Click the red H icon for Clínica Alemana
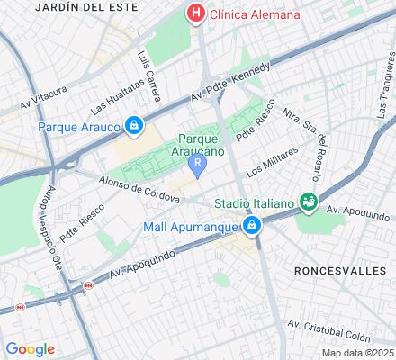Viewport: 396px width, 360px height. click(x=193, y=13)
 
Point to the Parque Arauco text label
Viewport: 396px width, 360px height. click(x=79, y=127)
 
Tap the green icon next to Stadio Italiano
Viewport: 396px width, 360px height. click(x=310, y=202)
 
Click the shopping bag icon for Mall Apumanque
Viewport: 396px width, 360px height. click(x=254, y=225)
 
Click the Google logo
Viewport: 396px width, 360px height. click(x=30, y=349)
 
